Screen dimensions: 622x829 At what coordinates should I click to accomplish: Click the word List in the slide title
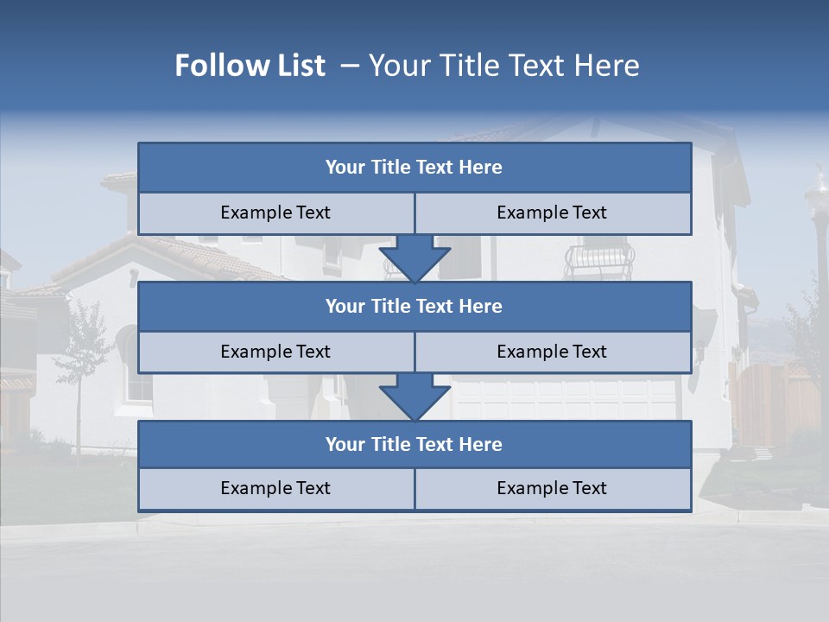tap(295, 66)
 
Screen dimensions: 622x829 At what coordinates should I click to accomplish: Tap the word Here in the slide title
tap(607, 66)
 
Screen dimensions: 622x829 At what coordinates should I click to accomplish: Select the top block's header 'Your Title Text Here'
tap(414, 168)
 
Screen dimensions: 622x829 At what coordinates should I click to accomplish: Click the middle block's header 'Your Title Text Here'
tap(414, 306)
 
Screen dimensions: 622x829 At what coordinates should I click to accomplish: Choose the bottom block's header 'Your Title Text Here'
tap(414, 444)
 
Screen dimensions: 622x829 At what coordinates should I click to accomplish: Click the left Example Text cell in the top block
tap(275, 213)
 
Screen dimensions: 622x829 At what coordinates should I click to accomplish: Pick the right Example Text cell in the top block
tap(552, 213)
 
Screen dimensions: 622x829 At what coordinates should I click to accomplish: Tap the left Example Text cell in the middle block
tap(275, 352)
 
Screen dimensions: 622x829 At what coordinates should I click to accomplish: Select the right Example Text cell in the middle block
tap(552, 352)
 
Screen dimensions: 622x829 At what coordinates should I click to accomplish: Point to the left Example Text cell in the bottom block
tap(275, 488)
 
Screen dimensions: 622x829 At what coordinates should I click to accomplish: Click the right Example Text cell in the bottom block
tap(552, 488)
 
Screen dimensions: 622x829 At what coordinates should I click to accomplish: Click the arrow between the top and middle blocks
tap(414, 258)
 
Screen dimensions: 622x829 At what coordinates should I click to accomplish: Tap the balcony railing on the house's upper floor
tap(598, 257)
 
